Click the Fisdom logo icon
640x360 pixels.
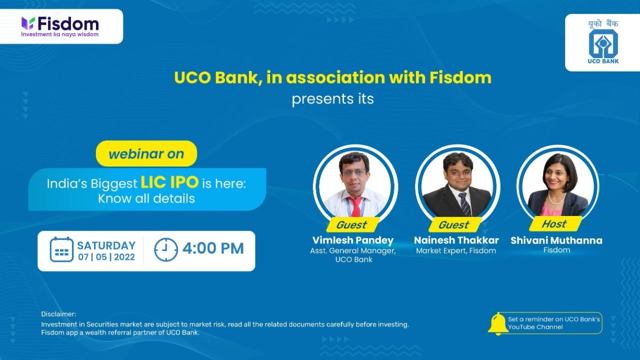(x=28, y=23)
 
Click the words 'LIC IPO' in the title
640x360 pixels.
(x=169, y=182)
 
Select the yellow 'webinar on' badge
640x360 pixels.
(x=146, y=153)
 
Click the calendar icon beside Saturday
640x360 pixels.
(x=61, y=249)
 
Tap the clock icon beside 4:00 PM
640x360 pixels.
(x=165, y=249)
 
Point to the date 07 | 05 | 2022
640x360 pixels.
(x=106, y=257)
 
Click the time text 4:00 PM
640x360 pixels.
(x=213, y=248)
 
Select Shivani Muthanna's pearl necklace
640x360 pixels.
(x=556, y=198)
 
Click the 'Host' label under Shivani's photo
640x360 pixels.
(x=554, y=223)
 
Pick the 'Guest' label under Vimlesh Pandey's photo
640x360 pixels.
(x=351, y=224)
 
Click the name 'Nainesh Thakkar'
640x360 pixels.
(x=456, y=240)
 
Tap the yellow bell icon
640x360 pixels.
(x=497, y=323)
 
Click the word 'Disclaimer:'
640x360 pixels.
(x=58, y=314)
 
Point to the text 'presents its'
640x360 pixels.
(x=332, y=99)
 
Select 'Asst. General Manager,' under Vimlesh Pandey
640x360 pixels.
(x=353, y=250)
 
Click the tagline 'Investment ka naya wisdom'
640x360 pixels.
(x=59, y=34)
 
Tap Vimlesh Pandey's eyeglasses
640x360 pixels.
(x=354, y=172)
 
